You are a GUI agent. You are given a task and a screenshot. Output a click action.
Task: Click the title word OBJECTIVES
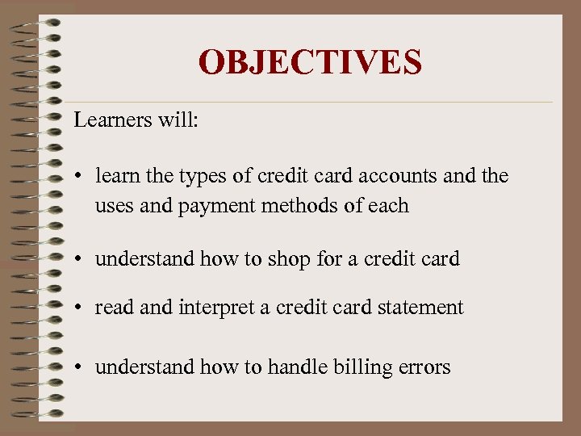click(310, 62)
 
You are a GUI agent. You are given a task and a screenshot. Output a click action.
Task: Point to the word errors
click(423, 368)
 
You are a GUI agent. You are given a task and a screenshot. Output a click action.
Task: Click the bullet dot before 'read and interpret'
click(82, 308)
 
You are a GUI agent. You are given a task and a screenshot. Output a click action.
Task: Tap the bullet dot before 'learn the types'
click(82, 176)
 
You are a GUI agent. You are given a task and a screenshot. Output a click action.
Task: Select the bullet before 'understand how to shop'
click(82, 259)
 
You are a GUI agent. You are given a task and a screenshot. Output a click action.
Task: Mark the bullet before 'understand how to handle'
click(82, 367)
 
